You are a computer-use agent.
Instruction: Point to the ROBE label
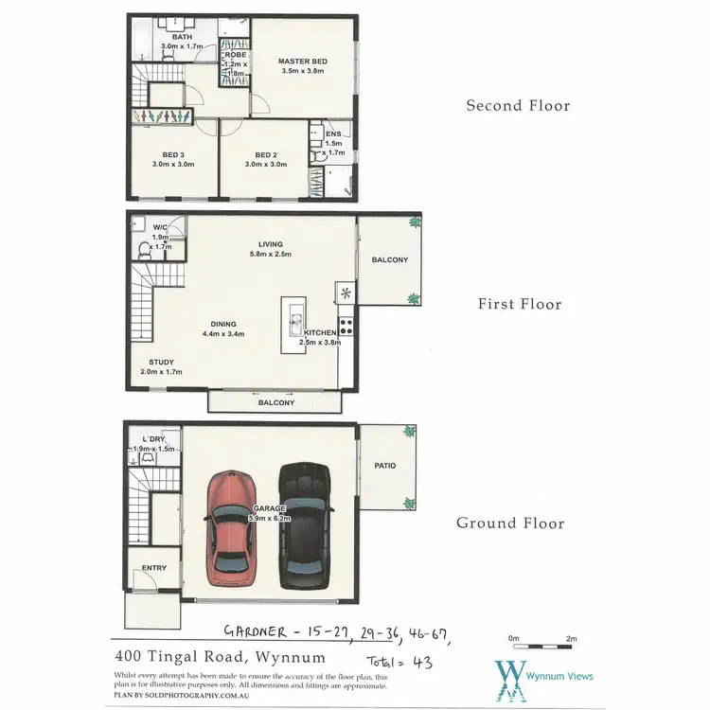coord(235,56)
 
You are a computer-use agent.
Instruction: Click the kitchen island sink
coord(293,317)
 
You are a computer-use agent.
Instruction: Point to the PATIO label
coord(384,466)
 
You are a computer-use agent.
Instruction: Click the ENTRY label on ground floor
coord(153,568)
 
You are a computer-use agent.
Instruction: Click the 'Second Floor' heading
coord(518,106)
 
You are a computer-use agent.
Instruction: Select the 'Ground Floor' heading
coord(510,523)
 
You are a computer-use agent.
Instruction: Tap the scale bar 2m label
coord(571,640)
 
